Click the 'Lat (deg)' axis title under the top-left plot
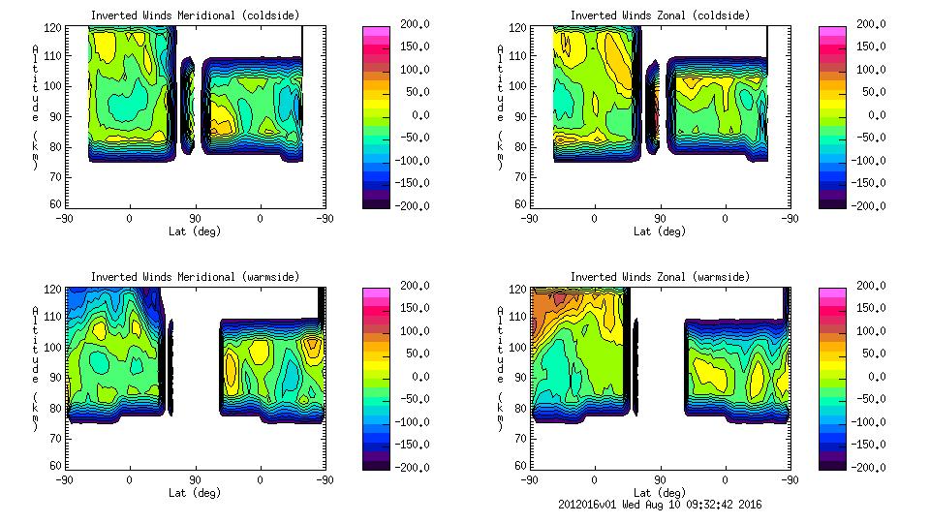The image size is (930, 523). [x=194, y=231]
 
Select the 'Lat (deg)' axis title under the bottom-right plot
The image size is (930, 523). [x=659, y=493]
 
